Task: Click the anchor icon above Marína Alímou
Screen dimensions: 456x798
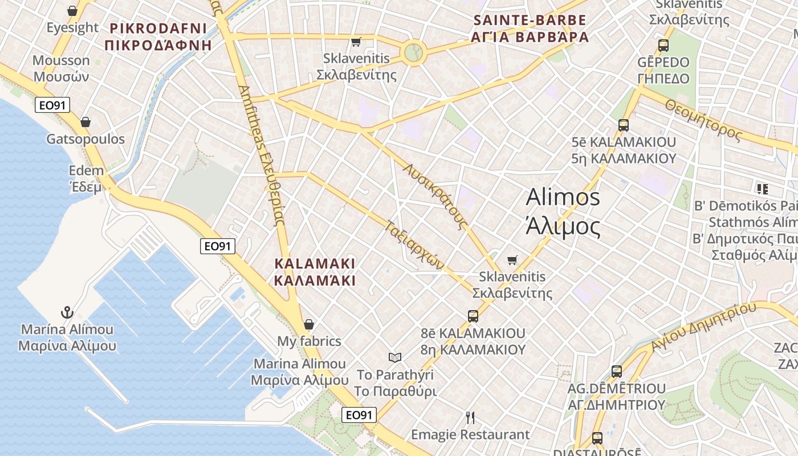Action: click(x=68, y=312)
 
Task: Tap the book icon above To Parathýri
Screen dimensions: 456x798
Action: click(x=395, y=357)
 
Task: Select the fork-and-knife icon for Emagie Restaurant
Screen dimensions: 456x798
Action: click(x=470, y=418)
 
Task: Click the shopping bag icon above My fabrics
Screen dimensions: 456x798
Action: click(x=309, y=324)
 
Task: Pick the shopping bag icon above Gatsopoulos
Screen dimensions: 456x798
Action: click(x=85, y=122)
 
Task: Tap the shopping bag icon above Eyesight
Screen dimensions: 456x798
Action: click(x=72, y=11)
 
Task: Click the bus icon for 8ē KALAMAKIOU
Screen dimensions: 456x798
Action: click(x=473, y=316)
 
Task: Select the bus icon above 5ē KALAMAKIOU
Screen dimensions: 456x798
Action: click(x=624, y=125)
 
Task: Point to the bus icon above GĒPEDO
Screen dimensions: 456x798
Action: click(x=663, y=46)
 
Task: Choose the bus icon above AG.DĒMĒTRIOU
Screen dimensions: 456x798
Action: click(x=616, y=372)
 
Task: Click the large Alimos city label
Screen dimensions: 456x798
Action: click(x=563, y=211)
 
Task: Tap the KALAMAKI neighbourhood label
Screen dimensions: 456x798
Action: click(x=315, y=272)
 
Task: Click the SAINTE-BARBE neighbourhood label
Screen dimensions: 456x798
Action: click(x=530, y=29)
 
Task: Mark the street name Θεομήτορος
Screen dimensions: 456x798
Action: click(x=703, y=120)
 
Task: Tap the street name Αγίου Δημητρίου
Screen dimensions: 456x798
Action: click(x=703, y=328)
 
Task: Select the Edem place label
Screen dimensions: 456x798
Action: click(x=87, y=178)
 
